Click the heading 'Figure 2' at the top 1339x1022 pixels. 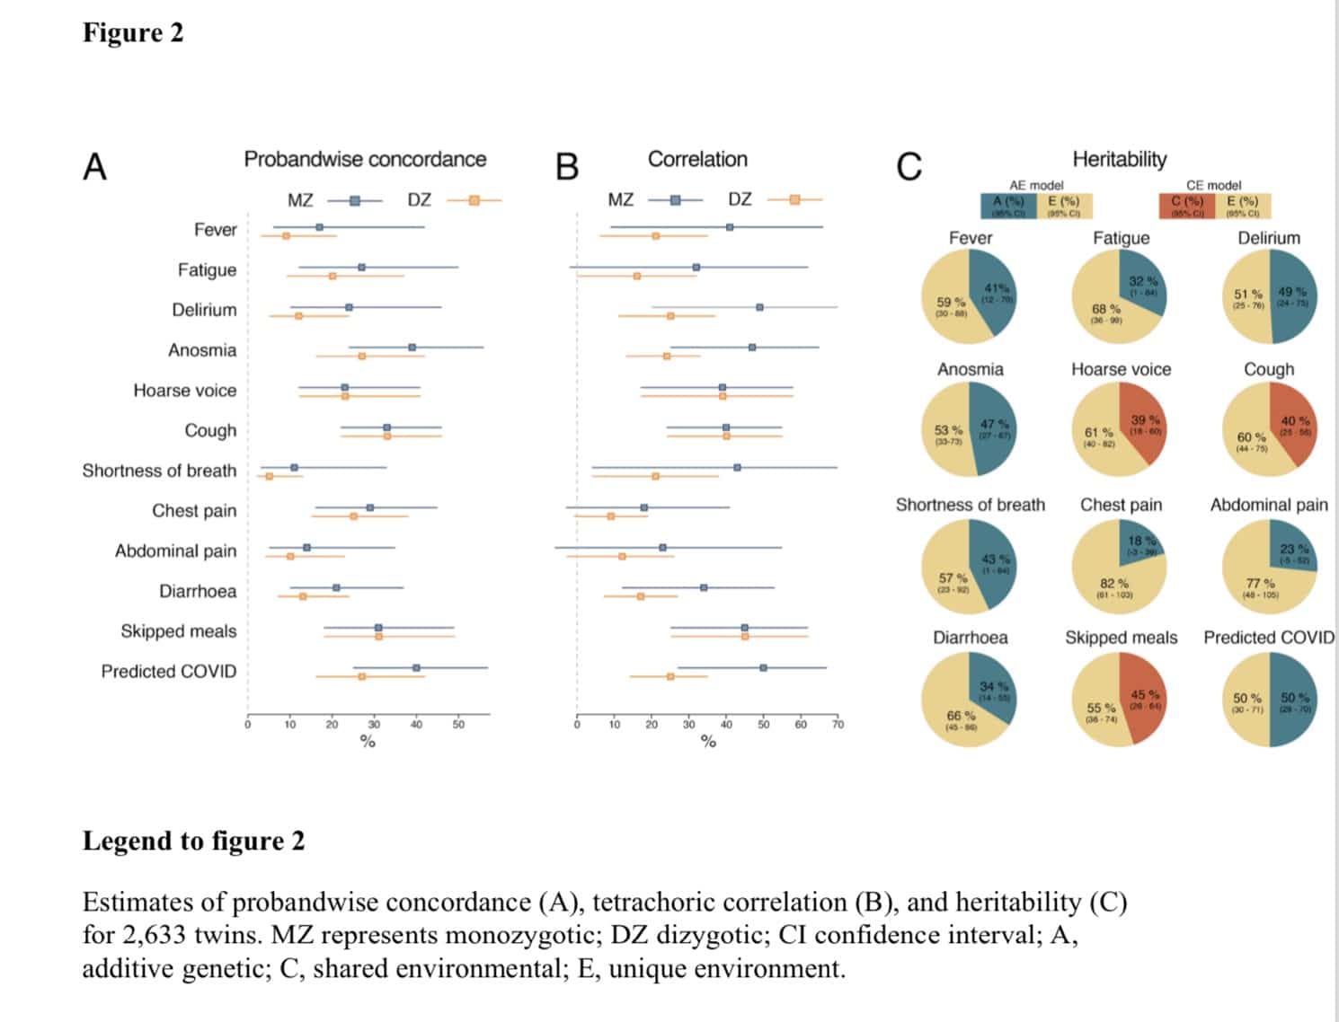[x=133, y=33]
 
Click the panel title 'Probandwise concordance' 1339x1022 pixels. [x=365, y=159]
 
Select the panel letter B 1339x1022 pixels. [x=567, y=167]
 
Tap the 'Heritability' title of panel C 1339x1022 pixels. [x=1119, y=159]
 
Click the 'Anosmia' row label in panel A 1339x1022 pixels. [x=202, y=350]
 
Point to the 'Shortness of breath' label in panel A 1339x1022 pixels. [x=159, y=471]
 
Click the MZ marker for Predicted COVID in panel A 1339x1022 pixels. [x=416, y=668]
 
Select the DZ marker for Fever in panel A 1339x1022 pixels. [x=286, y=236]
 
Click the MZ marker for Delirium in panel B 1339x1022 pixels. [x=759, y=307]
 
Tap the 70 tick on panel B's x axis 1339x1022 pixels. [x=838, y=725]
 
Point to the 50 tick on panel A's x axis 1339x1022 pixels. [x=458, y=725]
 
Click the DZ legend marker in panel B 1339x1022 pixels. [x=794, y=199]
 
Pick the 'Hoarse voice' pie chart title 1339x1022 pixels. [x=1121, y=369]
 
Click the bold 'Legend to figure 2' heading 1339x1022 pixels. [x=193, y=841]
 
